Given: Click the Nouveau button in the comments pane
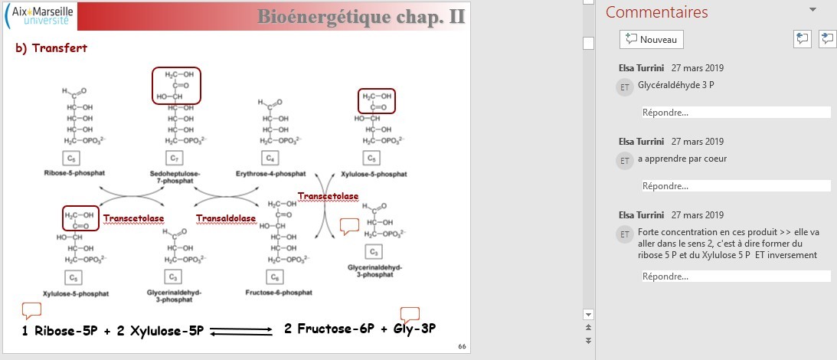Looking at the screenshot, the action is pyautogui.click(x=651, y=39).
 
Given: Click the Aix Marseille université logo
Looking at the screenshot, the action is pyautogui.click(x=41, y=16).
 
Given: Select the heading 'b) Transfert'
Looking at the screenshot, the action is pyautogui.click(x=47, y=48).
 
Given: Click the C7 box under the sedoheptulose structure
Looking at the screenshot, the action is pyautogui.click(x=175, y=159).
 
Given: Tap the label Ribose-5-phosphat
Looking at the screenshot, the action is pyautogui.click(x=71, y=174).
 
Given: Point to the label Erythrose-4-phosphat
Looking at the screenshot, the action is pyautogui.click(x=270, y=174).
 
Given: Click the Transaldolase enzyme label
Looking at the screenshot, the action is pyautogui.click(x=225, y=219).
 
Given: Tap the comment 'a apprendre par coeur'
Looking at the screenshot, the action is pyautogui.click(x=682, y=159).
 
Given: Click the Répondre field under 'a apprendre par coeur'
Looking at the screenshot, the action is pyautogui.click(x=735, y=186).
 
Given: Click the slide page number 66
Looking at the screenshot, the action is pyautogui.click(x=462, y=346).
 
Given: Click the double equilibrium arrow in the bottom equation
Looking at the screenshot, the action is pyautogui.click(x=241, y=331).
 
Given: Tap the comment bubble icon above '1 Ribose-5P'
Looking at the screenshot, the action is pyautogui.click(x=31, y=310).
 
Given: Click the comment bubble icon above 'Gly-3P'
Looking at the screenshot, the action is pyautogui.click(x=410, y=314).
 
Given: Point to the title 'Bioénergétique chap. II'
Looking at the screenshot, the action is pyautogui.click(x=361, y=17).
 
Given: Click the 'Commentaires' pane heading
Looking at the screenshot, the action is pyautogui.click(x=656, y=12).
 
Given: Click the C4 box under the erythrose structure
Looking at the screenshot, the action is pyautogui.click(x=270, y=159).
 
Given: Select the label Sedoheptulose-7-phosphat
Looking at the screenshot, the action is pyautogui.click(x=175, y=178).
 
